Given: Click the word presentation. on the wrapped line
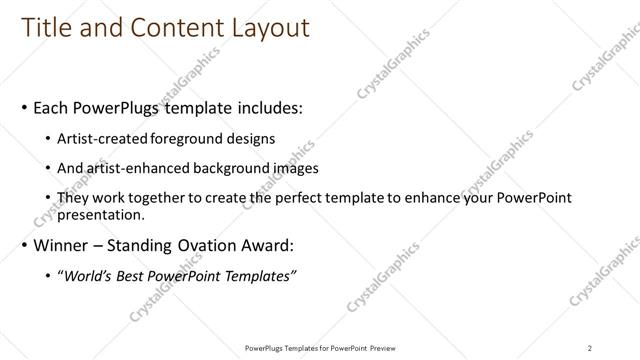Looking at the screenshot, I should pos(103,214).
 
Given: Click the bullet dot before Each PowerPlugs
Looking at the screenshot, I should pos(24,107).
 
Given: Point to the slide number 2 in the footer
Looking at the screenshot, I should pos(590,348).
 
